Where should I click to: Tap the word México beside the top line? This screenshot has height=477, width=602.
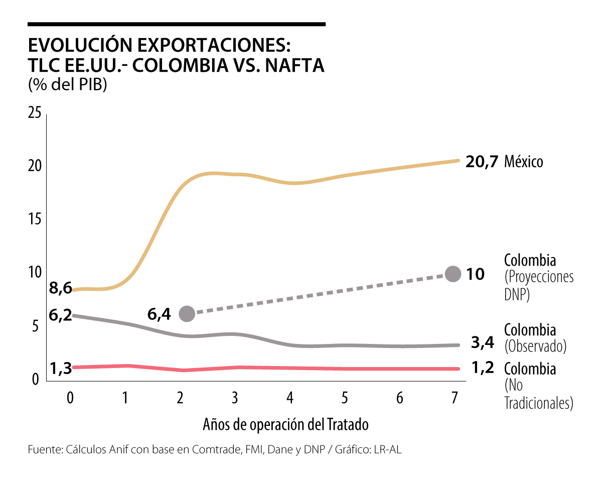click(524, 162)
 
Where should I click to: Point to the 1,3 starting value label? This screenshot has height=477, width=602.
click(60, 369)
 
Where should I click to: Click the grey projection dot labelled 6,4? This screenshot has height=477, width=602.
click(187, 314)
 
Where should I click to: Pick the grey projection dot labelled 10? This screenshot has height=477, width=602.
click(453, 274)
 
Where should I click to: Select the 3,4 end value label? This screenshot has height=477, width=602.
click(483, 343)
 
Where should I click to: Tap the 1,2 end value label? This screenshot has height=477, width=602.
click(483, 368)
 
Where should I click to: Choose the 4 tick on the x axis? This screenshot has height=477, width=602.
click(290, 398)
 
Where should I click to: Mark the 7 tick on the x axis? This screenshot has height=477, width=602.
click(455, 398)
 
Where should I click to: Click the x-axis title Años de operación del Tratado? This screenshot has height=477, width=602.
click(286, 425)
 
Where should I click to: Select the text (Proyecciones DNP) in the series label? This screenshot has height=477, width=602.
click(538, 285)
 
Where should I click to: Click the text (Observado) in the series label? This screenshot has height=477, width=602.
click(535, 346)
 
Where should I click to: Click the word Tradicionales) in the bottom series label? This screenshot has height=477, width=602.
click(538, 403)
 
